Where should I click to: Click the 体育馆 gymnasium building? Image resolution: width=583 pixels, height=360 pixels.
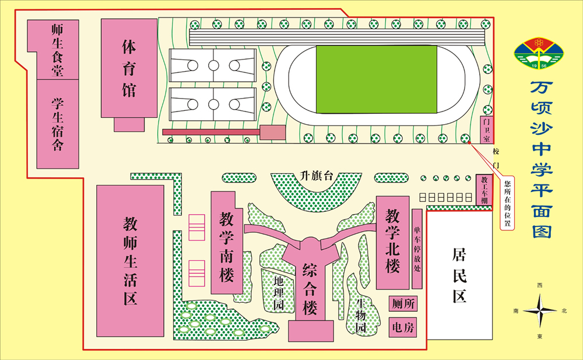(129, 68)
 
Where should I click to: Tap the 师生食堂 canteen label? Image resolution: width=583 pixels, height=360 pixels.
(57, 50)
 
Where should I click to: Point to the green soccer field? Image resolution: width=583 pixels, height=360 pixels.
(376, 79)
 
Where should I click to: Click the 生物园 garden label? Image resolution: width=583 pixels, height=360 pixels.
(361, 316)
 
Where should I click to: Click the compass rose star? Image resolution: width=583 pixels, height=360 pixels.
(539, 311)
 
